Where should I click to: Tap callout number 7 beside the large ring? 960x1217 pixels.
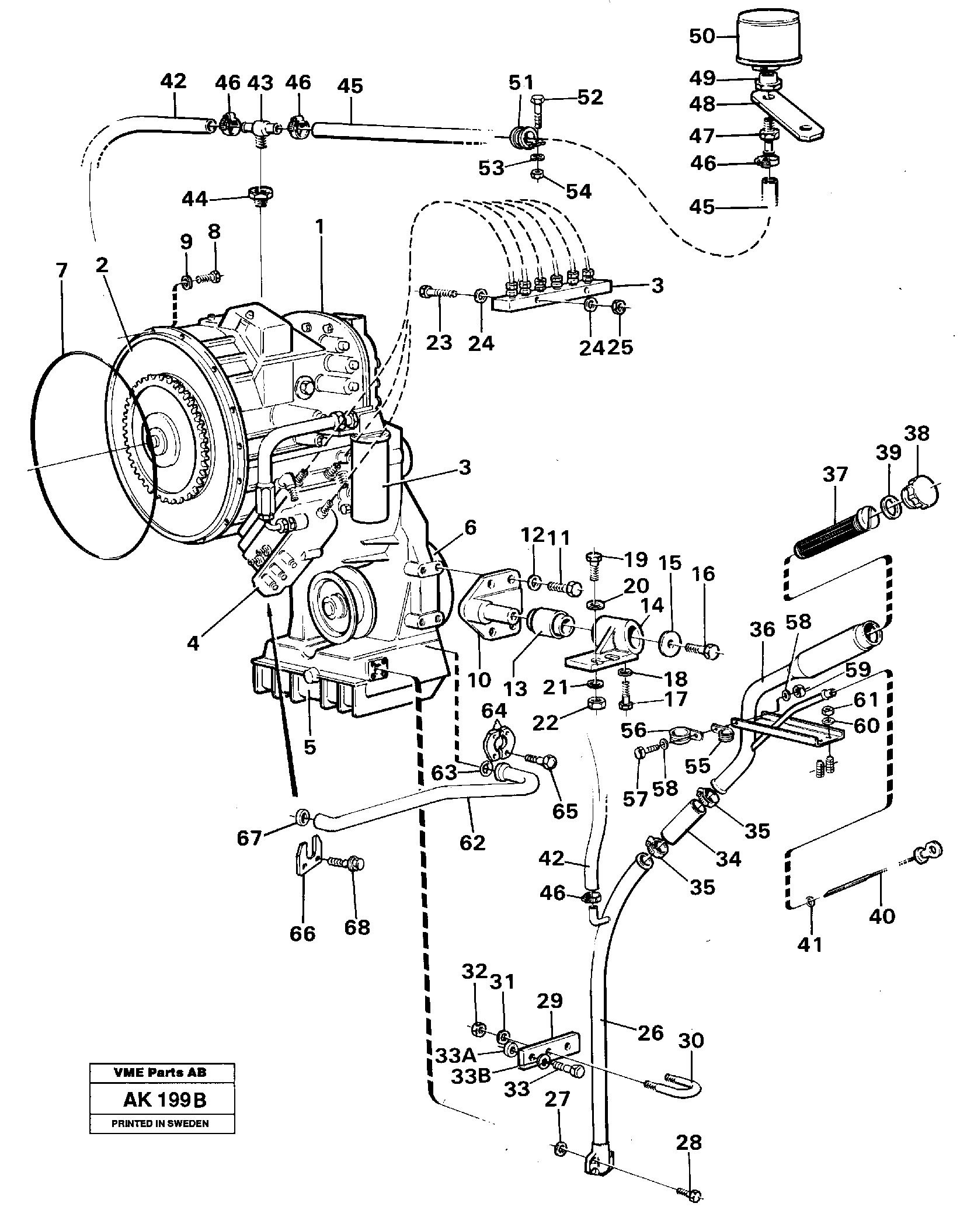[61, 272]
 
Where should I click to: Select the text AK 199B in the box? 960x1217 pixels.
[164, 1100]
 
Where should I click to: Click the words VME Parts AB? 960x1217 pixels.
[162, 1073]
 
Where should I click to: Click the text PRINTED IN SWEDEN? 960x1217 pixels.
[162, 1122]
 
